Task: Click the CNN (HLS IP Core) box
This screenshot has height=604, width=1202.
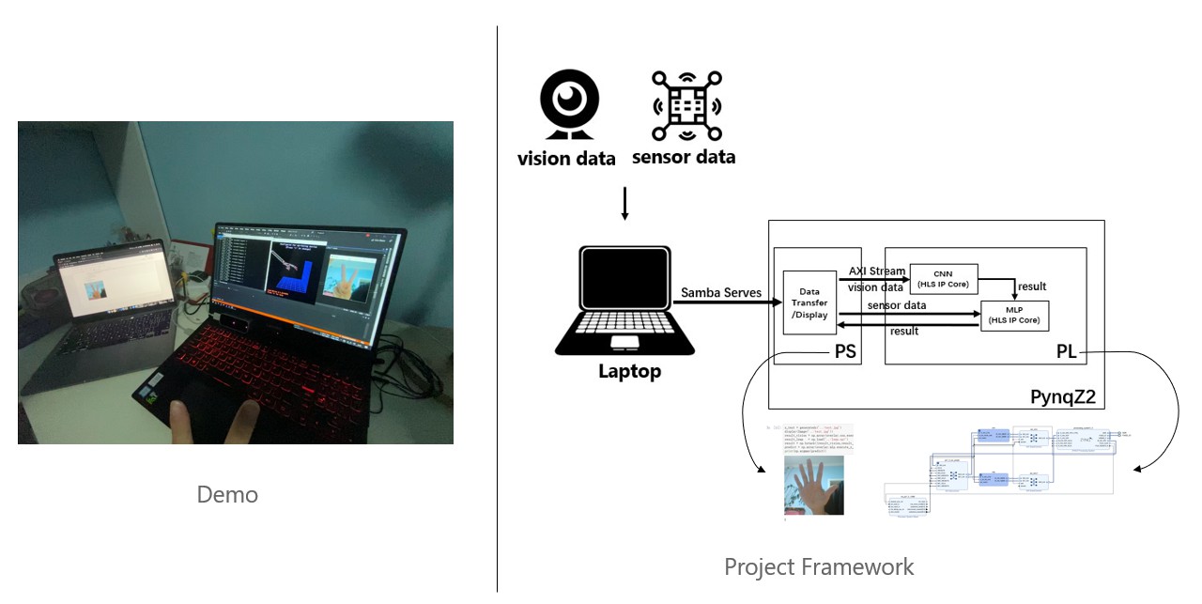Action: [x=944, y=277]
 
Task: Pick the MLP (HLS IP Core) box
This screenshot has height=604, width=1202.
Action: [x=1014, y=315]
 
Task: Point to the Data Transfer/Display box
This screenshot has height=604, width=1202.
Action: [x=803, y=304]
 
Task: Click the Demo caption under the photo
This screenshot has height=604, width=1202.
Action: [x=227, y=494]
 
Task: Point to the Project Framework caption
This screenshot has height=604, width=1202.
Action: [x=818, y=566]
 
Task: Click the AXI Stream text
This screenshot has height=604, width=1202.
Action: [x=877, y=271]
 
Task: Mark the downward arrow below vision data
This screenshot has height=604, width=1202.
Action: [x=624, y=203]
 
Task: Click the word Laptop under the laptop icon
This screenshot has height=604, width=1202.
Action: [x=629, y=371]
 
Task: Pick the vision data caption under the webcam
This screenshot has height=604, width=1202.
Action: [x=566, y=158]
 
